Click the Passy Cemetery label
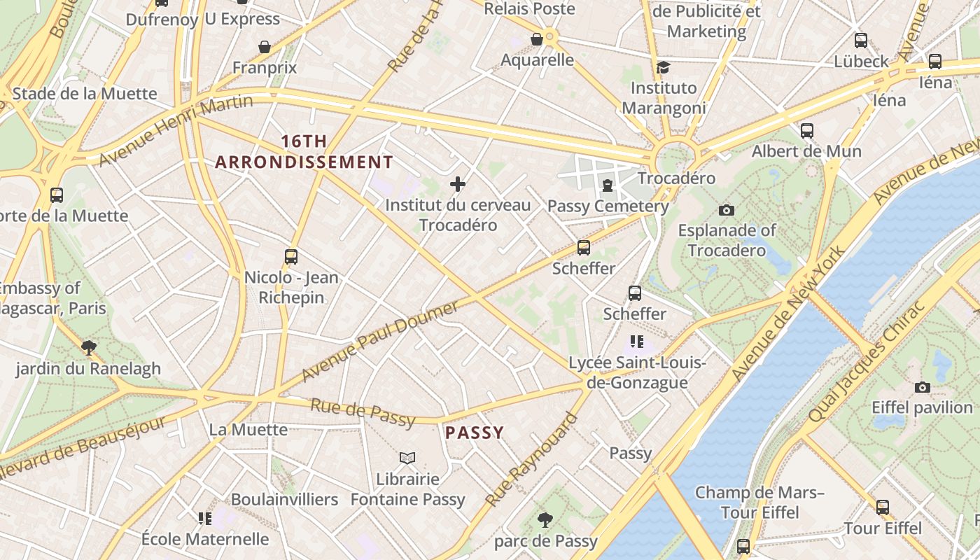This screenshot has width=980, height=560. (608, 206)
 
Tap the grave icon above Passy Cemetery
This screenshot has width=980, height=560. (608, 185)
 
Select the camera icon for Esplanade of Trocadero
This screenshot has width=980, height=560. (727, 210)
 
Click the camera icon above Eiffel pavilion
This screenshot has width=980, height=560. (923, 387)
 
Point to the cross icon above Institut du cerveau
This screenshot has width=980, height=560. (458, 184)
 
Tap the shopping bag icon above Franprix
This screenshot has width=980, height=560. (265, 47)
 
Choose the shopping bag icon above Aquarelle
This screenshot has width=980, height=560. (537, 39)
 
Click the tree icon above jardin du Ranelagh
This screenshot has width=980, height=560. (88, 348)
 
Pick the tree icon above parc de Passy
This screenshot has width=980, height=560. (545, 520)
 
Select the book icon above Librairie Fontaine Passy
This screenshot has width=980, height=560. (407, 458)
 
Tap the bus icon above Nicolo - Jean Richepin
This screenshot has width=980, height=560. (291, 257)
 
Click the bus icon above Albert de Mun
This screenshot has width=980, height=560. (806, 131)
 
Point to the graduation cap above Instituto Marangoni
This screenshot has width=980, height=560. (663, 67)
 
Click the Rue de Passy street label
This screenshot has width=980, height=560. (363, 412)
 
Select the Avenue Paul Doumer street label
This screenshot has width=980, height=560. (380, 341)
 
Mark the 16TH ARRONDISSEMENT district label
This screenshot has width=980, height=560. (304, 152)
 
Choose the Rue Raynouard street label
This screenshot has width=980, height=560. (532, 460)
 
